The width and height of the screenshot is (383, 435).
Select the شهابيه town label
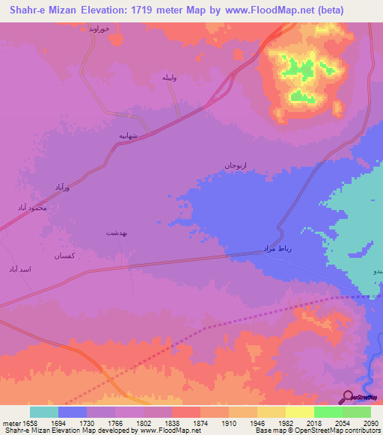132,136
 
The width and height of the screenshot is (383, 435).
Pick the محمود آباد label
34,207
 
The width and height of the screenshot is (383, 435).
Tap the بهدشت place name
118,233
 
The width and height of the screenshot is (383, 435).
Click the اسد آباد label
19,268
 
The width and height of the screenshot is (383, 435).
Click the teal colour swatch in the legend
44,412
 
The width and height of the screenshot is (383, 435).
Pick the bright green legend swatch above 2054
328,412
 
